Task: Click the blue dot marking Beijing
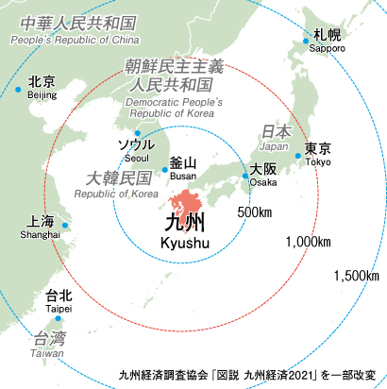click(x=17, y=90)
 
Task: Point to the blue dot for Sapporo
click(x=306, y=40)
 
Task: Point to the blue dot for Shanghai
click(x=65, y=225)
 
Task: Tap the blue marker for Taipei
click(x=59, y=318)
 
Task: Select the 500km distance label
click(x=255, y=211)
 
